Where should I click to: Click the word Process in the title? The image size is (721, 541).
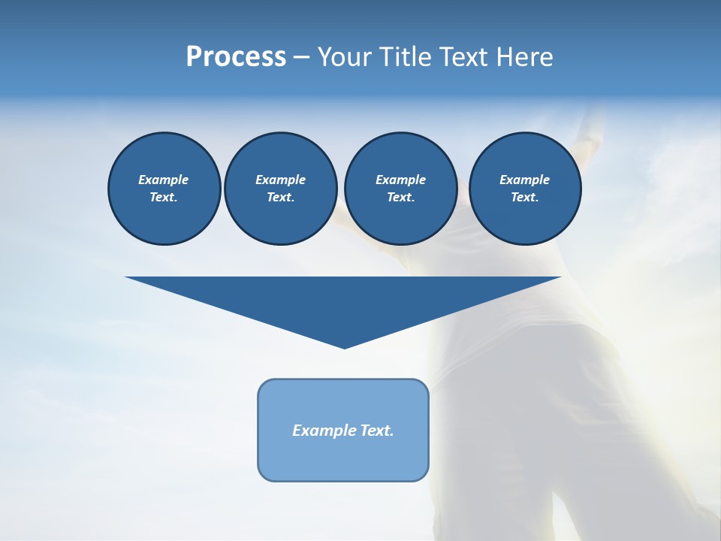pyautogui.click(x=236, y=57)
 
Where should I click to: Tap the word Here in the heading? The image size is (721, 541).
pyautogui.click(x=525, y=57)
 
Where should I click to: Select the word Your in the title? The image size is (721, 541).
pyautogui.click(x=345, y=57)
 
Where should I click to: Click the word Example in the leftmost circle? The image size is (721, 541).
pyautogui.click(x=164, y=180)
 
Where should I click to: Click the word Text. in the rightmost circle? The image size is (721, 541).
pyautogui.click(x=525, y=198)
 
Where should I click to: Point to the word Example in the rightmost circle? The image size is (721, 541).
pyautogui.click(x=525, y=180)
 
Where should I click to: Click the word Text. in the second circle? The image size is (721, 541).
pyautogui.click(x=280, y=198)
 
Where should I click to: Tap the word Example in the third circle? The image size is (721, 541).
pyautogui.click(x=400, y=180)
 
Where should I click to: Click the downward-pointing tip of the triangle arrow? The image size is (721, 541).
pyautogui.click(x=344, y=346)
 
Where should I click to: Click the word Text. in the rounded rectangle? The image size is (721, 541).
pyautogui.click(x=377, y=431)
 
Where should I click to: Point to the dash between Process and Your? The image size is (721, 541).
pyautogui.click(x=301, y=58)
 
